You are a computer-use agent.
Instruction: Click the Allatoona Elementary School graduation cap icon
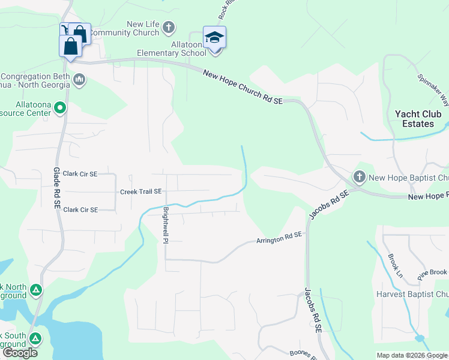pos(214,37)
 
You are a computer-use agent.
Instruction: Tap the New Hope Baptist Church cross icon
pos(360,177)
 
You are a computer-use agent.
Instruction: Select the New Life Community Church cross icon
pos(169,27)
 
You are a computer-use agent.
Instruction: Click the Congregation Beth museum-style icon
pos(79,79)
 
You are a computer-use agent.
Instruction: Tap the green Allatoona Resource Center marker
pos(59,108)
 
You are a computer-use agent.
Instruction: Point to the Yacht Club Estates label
pos(418,119)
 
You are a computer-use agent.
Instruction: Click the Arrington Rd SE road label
pos(279,239)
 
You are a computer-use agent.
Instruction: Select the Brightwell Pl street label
pos(165,224)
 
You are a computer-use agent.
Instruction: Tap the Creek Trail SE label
pos(141,192)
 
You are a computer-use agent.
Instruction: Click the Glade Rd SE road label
pos(58,188)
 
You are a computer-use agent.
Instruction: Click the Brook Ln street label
pos(394,265)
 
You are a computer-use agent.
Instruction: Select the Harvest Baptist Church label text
pos(412,295)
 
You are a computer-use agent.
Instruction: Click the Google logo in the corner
pos(20,353)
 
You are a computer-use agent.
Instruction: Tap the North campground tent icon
pos(36,291)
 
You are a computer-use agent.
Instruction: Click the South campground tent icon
pos(36,339)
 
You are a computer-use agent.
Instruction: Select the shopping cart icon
pos(65,30)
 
